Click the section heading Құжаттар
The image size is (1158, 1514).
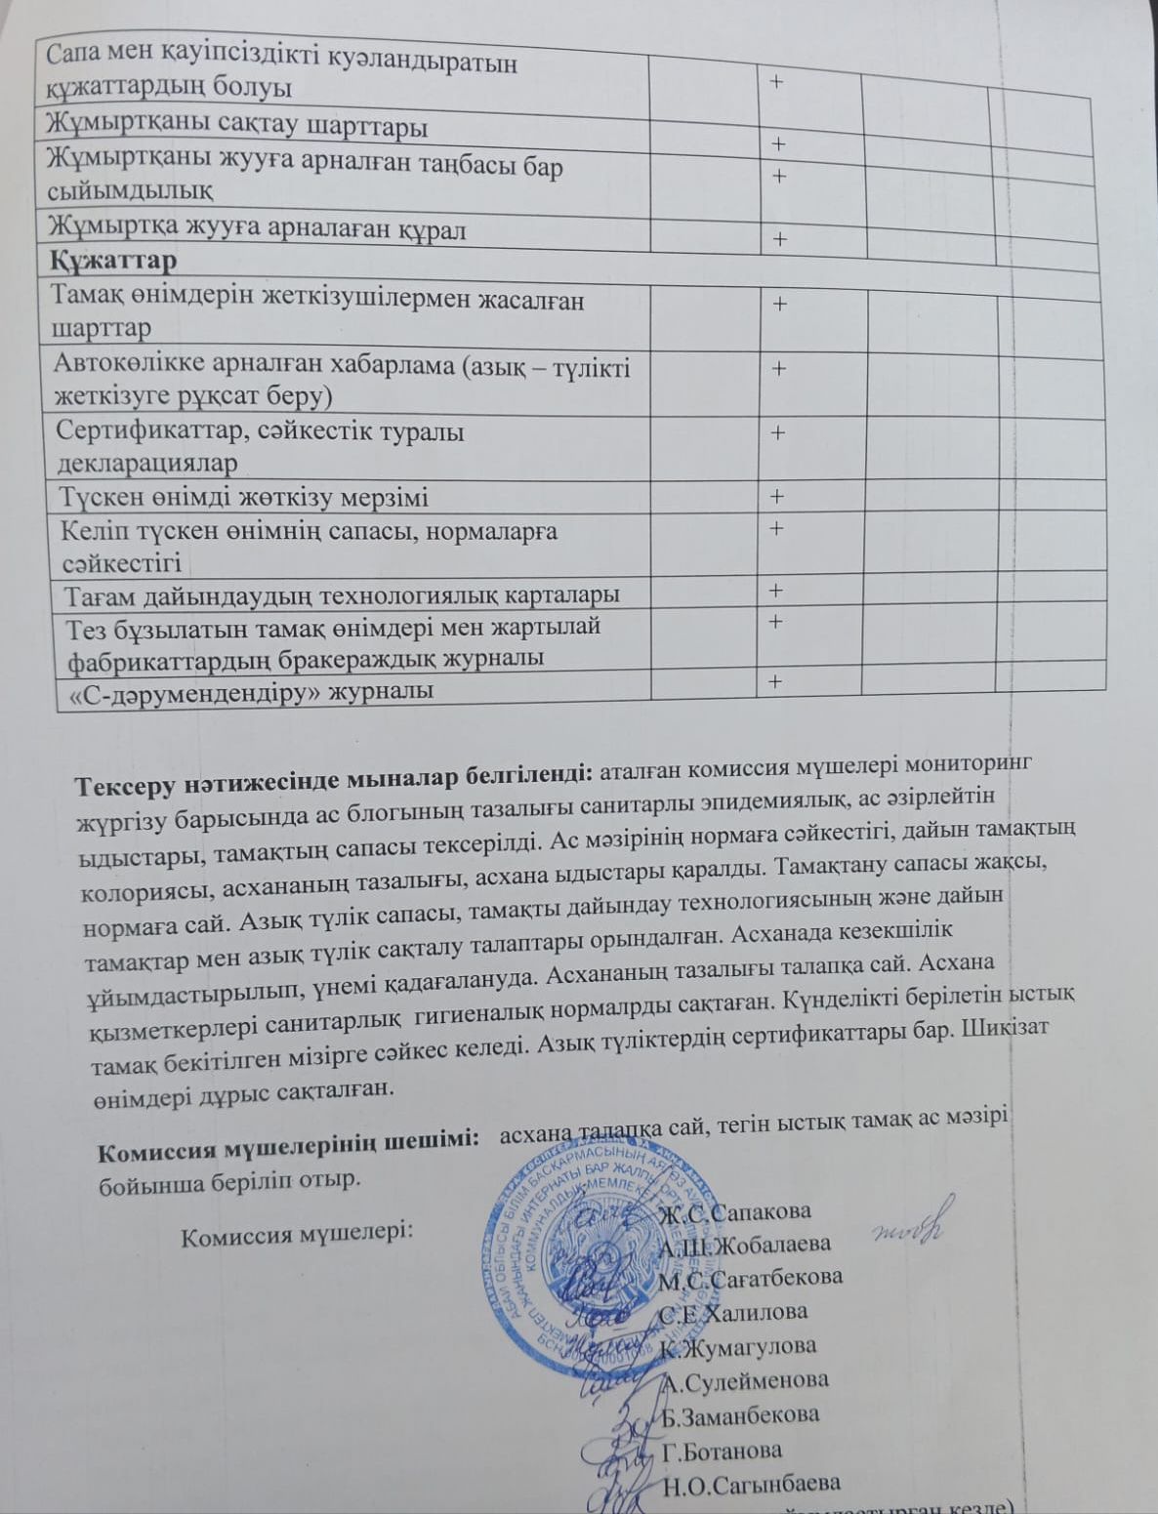[x=113, y=261]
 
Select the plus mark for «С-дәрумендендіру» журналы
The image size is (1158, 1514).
[x=776, y=681]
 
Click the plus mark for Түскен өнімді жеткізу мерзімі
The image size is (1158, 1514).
[x=777, y=497]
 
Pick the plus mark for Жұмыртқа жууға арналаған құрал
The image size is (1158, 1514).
[x=780, y=239]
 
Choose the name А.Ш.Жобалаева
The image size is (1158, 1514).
[x=744, y=1246]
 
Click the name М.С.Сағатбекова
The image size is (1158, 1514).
[x=750, y=1278]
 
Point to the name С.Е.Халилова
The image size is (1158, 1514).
[x=733, y=1313]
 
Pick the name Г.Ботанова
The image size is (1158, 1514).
[x=722, y=1452]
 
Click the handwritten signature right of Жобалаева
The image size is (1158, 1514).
[x=907, y=1226]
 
